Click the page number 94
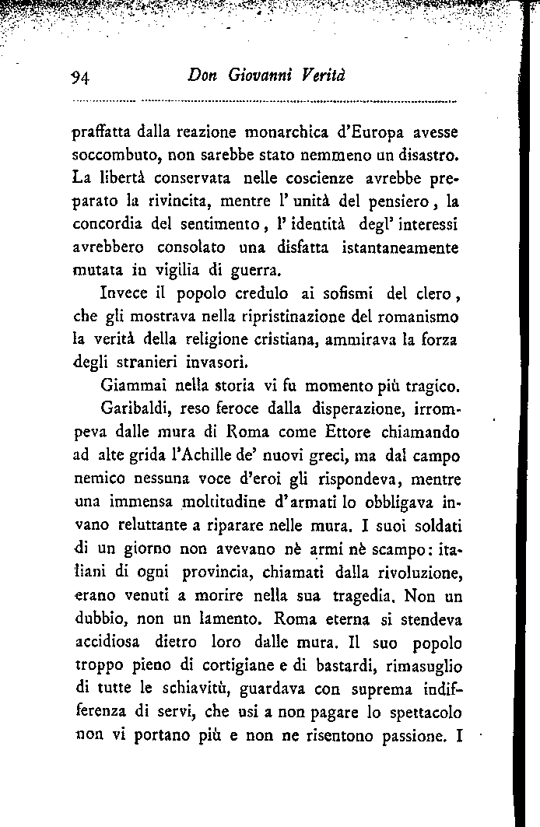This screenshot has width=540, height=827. (x=82, y=77)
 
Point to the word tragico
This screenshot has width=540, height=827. (x=432, y=387)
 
